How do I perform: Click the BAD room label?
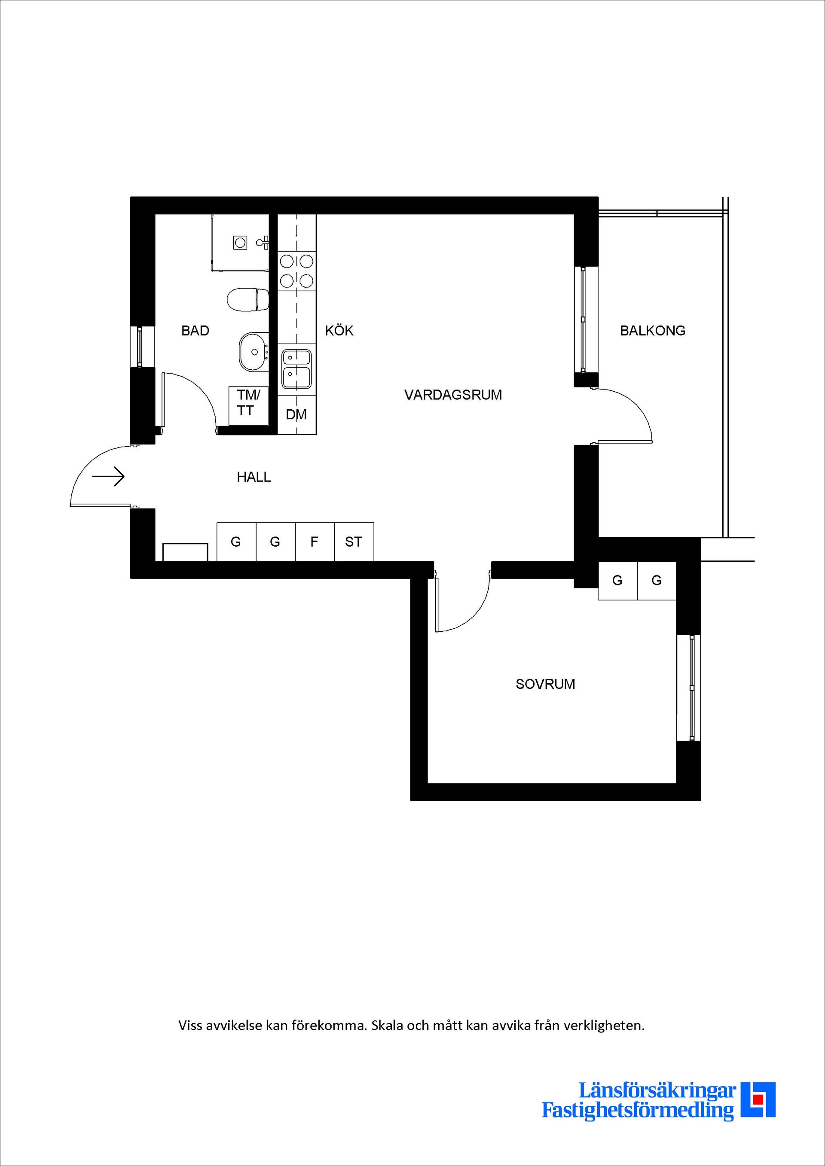point(195,331)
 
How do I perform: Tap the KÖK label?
point(339,331)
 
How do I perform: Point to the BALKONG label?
point(652,331)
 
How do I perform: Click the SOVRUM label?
point(545,684)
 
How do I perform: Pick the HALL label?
point(254,477)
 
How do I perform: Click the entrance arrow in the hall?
point(109,476)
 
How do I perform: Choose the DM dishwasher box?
point(296,414)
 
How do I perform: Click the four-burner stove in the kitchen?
point(296,271)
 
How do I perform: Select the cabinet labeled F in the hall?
point(315,542)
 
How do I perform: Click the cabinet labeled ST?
point(354,542)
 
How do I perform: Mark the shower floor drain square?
point(240,243)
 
